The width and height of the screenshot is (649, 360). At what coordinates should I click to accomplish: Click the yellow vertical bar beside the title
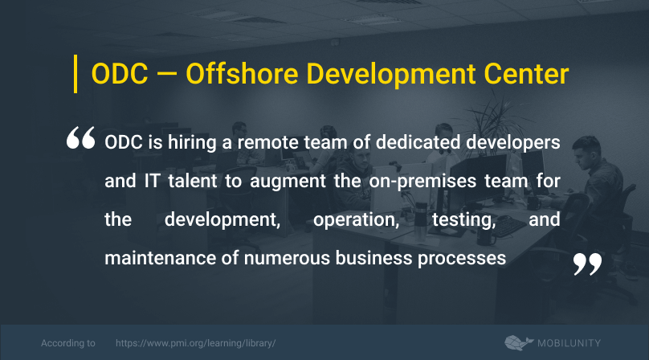click(76, 74)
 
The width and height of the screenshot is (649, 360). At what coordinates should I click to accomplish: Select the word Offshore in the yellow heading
click(242, 74)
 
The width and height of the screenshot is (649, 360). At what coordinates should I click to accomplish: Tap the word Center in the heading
click(526, 74)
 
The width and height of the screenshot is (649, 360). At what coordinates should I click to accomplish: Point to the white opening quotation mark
click(80, 137)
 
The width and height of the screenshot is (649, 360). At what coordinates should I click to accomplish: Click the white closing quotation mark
click(587, 264)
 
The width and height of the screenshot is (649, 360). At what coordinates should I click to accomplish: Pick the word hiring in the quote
click(192, 143)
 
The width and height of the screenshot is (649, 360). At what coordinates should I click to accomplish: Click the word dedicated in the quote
click(418, 142)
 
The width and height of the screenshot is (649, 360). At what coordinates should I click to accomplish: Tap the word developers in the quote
click(513, 143)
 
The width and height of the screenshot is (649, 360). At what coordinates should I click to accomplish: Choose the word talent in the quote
click(193, 181)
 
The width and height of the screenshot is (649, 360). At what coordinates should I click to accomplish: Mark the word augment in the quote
click(288, 182)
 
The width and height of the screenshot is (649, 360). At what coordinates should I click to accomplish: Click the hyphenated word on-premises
click(422, 182)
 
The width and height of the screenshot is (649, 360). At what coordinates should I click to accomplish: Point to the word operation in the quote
click(356, 220)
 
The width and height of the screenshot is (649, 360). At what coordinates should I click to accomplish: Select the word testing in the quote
click(464, 220)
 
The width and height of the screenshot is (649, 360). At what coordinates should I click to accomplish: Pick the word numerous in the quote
click(287, 259)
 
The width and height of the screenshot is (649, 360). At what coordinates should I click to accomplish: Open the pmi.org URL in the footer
click(195, 343)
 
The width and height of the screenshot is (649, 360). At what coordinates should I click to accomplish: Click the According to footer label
click(68, 343)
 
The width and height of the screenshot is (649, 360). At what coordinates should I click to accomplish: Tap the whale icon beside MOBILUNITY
click(519, 343)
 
